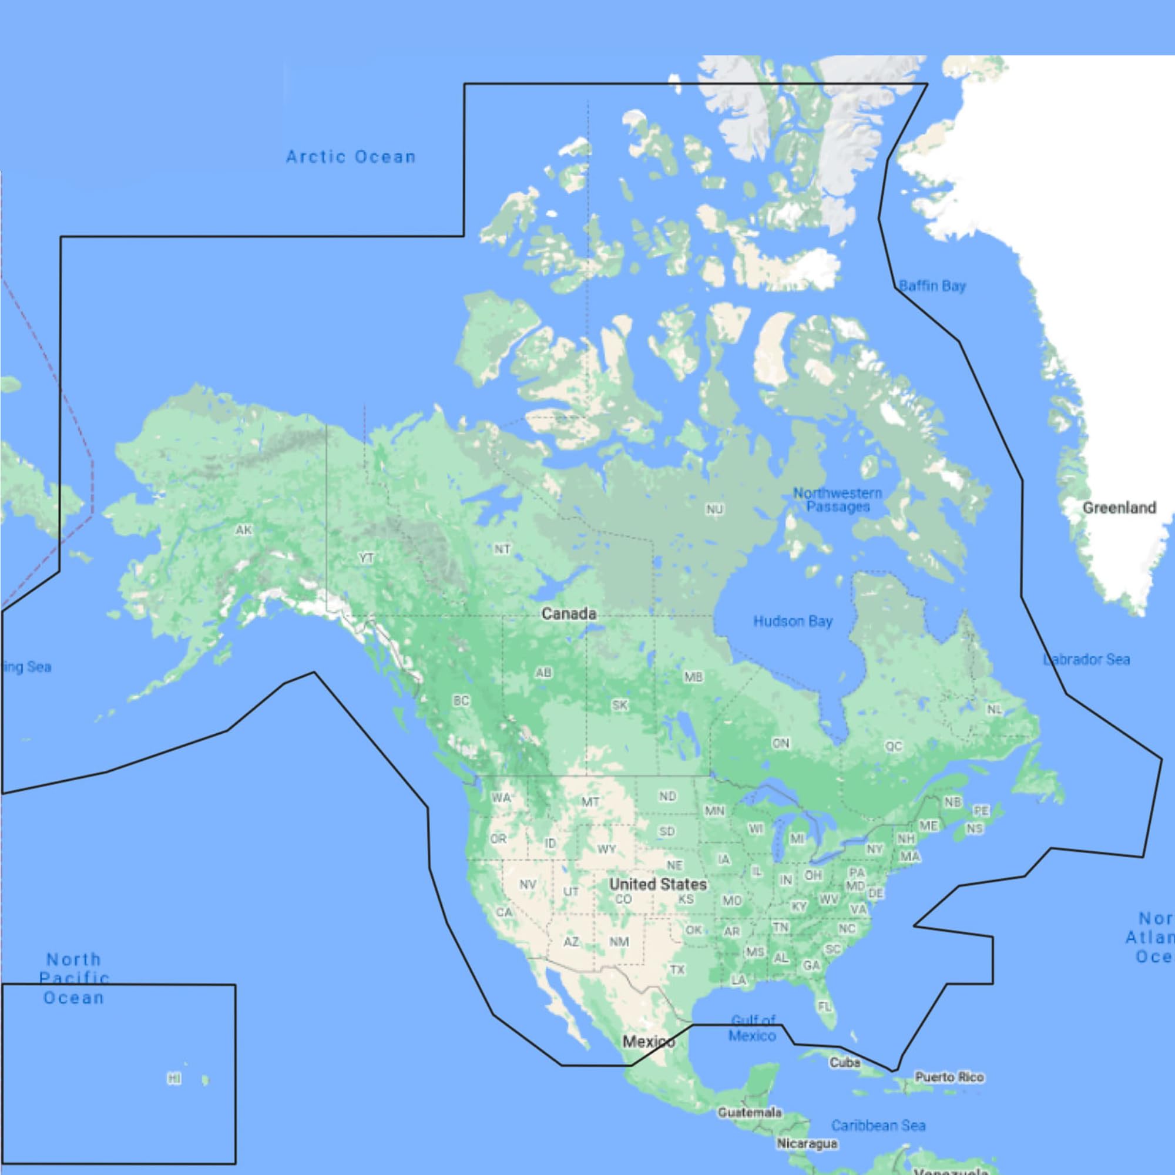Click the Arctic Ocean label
point(351,157)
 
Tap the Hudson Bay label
point(793,621)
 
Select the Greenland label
point(1119,508)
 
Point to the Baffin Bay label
point(932,286)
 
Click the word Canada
point(569,614)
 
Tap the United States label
point(658,884)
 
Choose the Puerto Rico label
point(949,1077)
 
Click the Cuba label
point(845,1062)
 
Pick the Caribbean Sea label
point(878,1126)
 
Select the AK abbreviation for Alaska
point(244,531)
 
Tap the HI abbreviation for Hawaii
point(174,1079)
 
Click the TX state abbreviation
point(677,969)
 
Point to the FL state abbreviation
point(824,1007)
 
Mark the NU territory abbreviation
point(714,509)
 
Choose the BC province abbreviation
point(461,701)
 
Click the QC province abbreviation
point(894,746)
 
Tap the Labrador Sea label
point(1086,659)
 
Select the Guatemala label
point(749,1112)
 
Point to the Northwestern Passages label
point(837,500)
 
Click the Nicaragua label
point(807,1143)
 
